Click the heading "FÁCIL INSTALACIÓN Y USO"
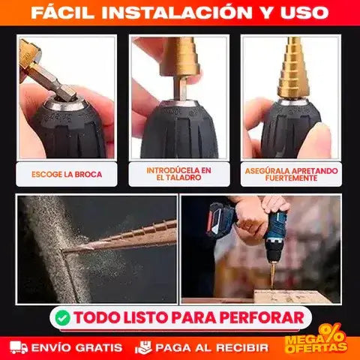coord(180,13)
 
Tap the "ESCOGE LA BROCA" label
coord(67,174)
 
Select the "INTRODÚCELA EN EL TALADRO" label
coord(179,174)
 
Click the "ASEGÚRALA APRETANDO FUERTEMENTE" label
coord(292,174)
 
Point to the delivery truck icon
coord(19,348)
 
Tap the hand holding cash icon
coord(143,348)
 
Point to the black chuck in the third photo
coord(291,127)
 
